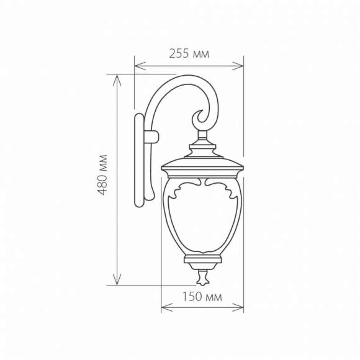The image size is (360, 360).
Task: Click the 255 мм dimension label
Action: [x=189, y=54]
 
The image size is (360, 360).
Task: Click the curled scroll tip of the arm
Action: [x=200, y=116]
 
